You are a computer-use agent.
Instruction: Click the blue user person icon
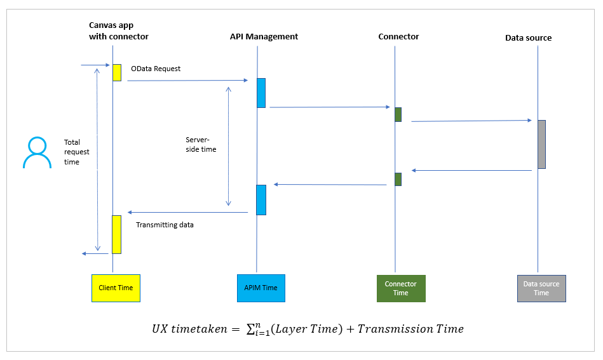[x=37, y=153]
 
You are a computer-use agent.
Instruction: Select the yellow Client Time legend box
[x=116, y=288]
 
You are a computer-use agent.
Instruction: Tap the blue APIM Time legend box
[x=261, y=288]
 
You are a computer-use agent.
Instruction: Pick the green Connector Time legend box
[x=400, y=288]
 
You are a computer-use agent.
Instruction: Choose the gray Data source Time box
[x=541, y=288]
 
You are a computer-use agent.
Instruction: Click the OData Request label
[x=156, y=69]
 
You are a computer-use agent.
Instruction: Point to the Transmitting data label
[x=165, y=225]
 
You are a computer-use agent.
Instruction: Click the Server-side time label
[x=201, y=144]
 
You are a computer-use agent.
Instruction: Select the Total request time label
[x=77, y=152]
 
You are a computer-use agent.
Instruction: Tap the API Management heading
[x=264, y=37]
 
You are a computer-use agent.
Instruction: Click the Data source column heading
[x=528, y=38]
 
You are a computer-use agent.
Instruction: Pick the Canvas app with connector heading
[x=118, y=31]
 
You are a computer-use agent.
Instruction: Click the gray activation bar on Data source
[x=541, y=144]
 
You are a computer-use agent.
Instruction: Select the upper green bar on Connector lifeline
[x=398, y=114]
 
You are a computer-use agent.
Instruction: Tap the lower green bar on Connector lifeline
[x=398, y=179]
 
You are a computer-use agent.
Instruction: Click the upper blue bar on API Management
[x=261, y=93]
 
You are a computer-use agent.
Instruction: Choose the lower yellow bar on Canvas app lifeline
[x=116, y=234]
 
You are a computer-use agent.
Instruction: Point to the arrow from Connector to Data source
[x=470, y=121]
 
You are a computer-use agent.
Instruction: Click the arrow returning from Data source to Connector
[x=471, y=170]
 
